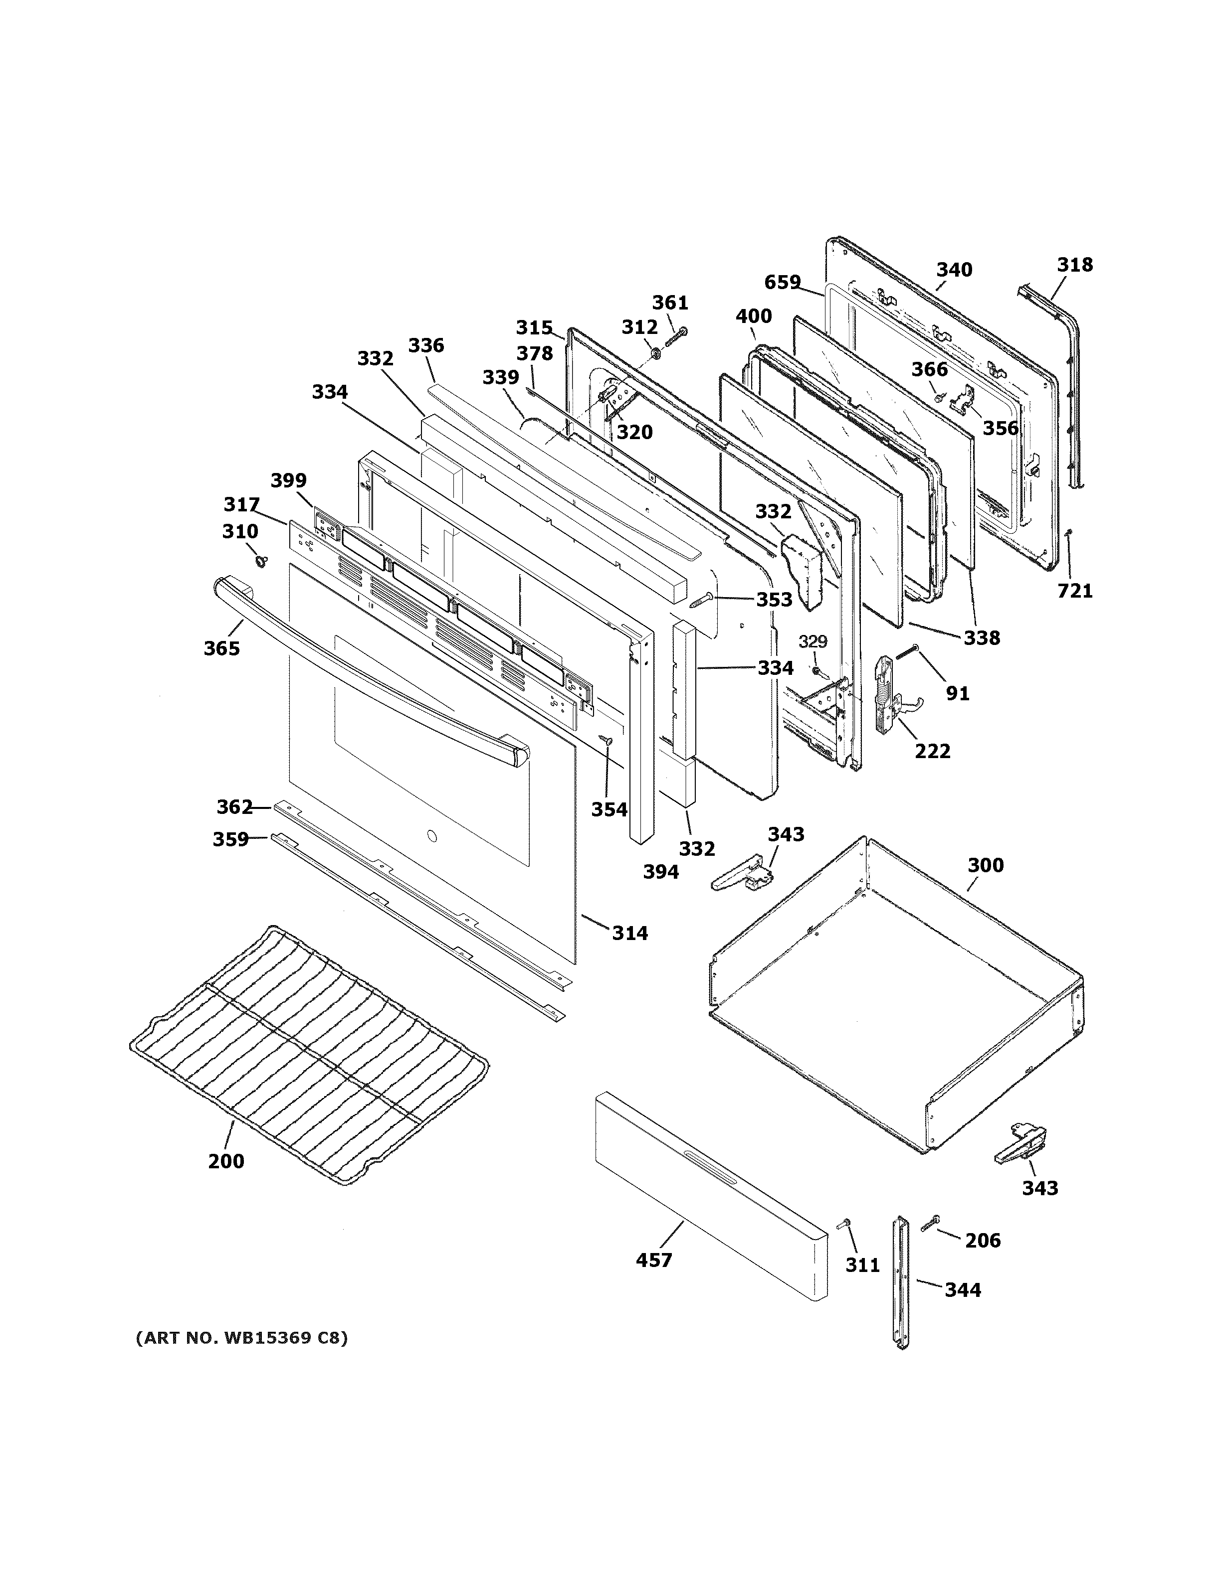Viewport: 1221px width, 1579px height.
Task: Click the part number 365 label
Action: [221, 648]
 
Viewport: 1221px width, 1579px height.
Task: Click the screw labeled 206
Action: [930, 1224]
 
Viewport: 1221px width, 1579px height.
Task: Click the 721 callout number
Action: [1075, 591]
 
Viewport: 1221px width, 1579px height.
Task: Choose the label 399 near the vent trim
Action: [289, 480]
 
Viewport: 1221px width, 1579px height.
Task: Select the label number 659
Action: [783, 282]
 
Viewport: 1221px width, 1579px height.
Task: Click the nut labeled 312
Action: [655, 353]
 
